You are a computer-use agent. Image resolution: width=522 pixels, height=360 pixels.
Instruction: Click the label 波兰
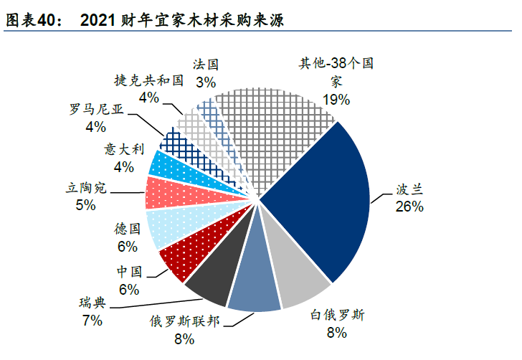[x=409, y=190]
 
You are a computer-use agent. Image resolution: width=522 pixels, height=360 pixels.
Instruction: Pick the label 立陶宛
[x=85, y=189]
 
